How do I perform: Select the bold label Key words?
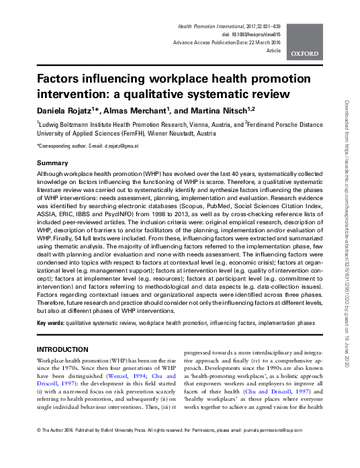51,323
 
